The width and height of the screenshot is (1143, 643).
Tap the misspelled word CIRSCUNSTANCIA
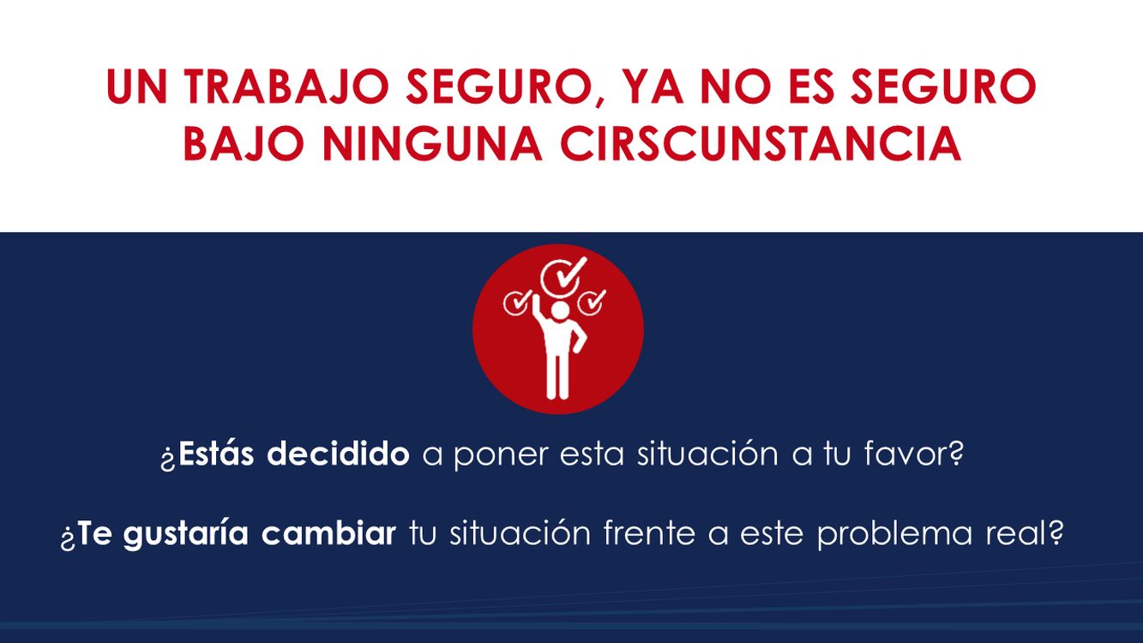click(x=761, y=143)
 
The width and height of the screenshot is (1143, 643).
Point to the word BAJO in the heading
click(x=244, y=143)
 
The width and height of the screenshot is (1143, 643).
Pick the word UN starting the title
click(x=136, y=87)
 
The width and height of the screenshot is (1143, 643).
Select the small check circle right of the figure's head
click(x=591, y=302)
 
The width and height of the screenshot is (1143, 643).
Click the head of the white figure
click(x=560, y=310)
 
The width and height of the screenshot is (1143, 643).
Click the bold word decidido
click(x=339, y=453)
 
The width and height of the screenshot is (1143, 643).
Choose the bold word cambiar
click(x=328, y=532)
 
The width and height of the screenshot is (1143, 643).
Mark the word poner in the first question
click(x=501, y=455)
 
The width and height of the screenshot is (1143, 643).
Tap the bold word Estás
click(x=216, y=453)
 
